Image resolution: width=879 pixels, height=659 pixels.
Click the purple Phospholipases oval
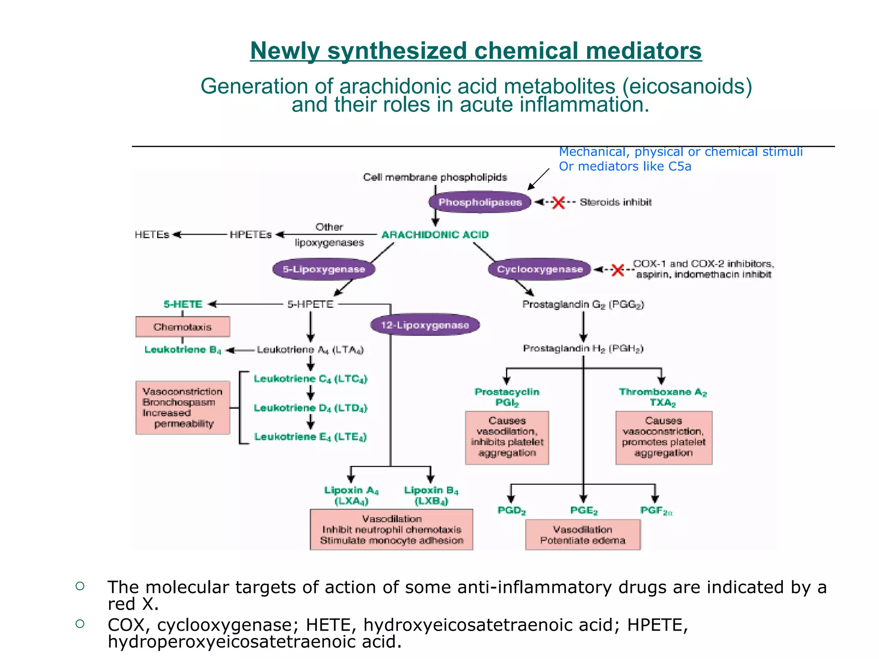tap(480, 202)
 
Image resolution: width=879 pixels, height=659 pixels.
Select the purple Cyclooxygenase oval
tap(540, 269)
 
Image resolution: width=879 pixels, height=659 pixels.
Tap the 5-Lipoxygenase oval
tap(324, 269)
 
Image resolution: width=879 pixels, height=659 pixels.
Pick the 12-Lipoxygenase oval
tap(424, 325)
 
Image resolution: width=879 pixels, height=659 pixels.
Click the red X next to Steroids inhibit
tap(558, 203)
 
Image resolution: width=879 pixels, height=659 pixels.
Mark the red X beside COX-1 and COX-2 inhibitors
tap(617, 270)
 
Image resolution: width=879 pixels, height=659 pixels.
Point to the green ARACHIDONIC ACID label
tap(435, 235)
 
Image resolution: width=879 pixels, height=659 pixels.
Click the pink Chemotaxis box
tap(182, 327)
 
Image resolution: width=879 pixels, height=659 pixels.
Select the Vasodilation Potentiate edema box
tap(582, 535)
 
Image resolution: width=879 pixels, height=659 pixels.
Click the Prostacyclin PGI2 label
tap(507, 397)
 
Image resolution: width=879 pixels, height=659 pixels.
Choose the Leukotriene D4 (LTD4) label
tap(310, 408)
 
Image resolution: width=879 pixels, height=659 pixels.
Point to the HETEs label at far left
tap(152, 235)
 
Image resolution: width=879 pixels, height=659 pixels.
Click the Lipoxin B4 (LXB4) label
tap(431, 495)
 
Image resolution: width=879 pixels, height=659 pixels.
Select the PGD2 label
tap(511, 510)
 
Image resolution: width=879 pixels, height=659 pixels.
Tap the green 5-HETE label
tap(183, 304)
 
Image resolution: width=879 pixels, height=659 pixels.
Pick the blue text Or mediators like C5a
tap(624, 166)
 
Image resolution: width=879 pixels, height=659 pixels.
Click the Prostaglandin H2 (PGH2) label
tap(583, 348)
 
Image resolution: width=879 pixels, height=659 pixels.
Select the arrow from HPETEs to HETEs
tap(200, 235)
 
